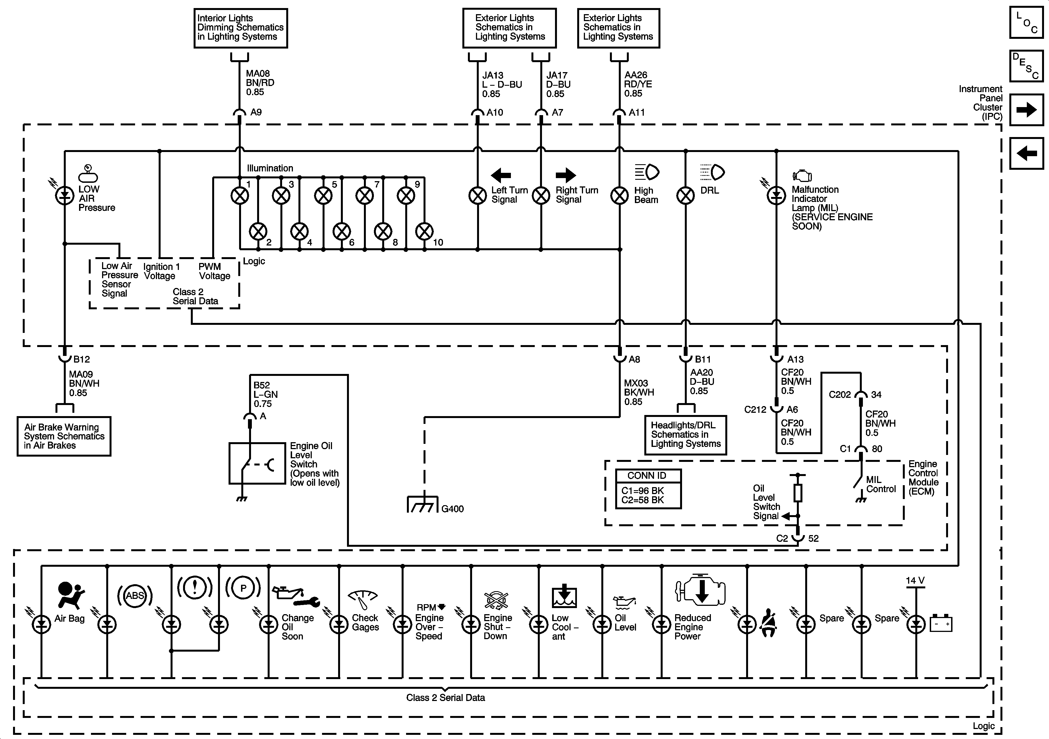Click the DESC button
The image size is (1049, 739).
(1026, 66)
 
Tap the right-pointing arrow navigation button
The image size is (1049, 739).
(1026, 110)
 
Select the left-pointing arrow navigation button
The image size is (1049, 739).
(1026, 153)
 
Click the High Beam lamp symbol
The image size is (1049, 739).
(620, 196)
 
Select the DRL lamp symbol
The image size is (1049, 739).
(685, 196)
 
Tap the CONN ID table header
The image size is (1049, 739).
(648, 475)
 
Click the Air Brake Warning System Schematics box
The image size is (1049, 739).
(64, 436)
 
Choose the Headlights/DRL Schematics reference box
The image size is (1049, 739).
(685, 435)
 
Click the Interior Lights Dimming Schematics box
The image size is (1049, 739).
(241, 28)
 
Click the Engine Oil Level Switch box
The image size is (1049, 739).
(257, 463)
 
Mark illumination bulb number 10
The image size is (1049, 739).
(424, 232)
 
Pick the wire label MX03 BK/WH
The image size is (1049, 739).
(639, 388)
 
